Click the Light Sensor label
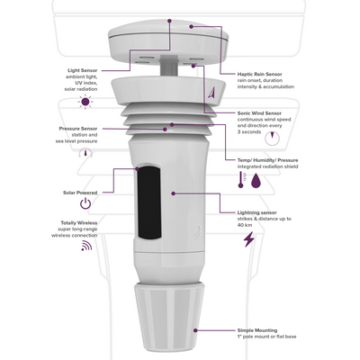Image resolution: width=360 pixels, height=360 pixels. [x=83, y=70]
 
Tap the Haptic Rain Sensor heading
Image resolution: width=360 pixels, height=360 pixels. [x=260, y=74]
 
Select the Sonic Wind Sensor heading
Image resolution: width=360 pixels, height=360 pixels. [x=259, y=113]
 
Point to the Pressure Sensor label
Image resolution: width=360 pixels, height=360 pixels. [x=78, y=129]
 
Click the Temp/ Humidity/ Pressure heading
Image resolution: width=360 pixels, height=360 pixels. [x=268, y=160]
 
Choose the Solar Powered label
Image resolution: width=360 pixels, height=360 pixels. [x=80, y=193]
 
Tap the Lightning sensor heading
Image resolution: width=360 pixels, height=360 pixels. [x=257, y=212]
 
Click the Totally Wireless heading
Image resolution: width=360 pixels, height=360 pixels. [x=79, y=223]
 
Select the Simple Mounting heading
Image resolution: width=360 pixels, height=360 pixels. [x=257, y=330]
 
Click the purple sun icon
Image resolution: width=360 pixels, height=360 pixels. [x=85, y=102]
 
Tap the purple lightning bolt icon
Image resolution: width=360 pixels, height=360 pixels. [x=249, y=239]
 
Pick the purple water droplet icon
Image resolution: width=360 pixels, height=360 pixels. [x=256, y=180]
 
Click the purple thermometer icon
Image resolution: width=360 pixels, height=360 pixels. [x=241, y=180]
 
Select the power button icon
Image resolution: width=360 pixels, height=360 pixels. [x=85, y=204]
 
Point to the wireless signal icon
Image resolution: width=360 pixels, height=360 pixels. [x=86, y=246]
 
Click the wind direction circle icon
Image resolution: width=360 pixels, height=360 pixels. [x=272, y=139]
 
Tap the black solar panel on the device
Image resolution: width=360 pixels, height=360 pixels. [x=148, y=202]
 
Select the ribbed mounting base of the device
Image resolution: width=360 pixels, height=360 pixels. [x=169, y=317]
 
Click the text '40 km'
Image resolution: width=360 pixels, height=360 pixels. [x=245, y=225]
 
